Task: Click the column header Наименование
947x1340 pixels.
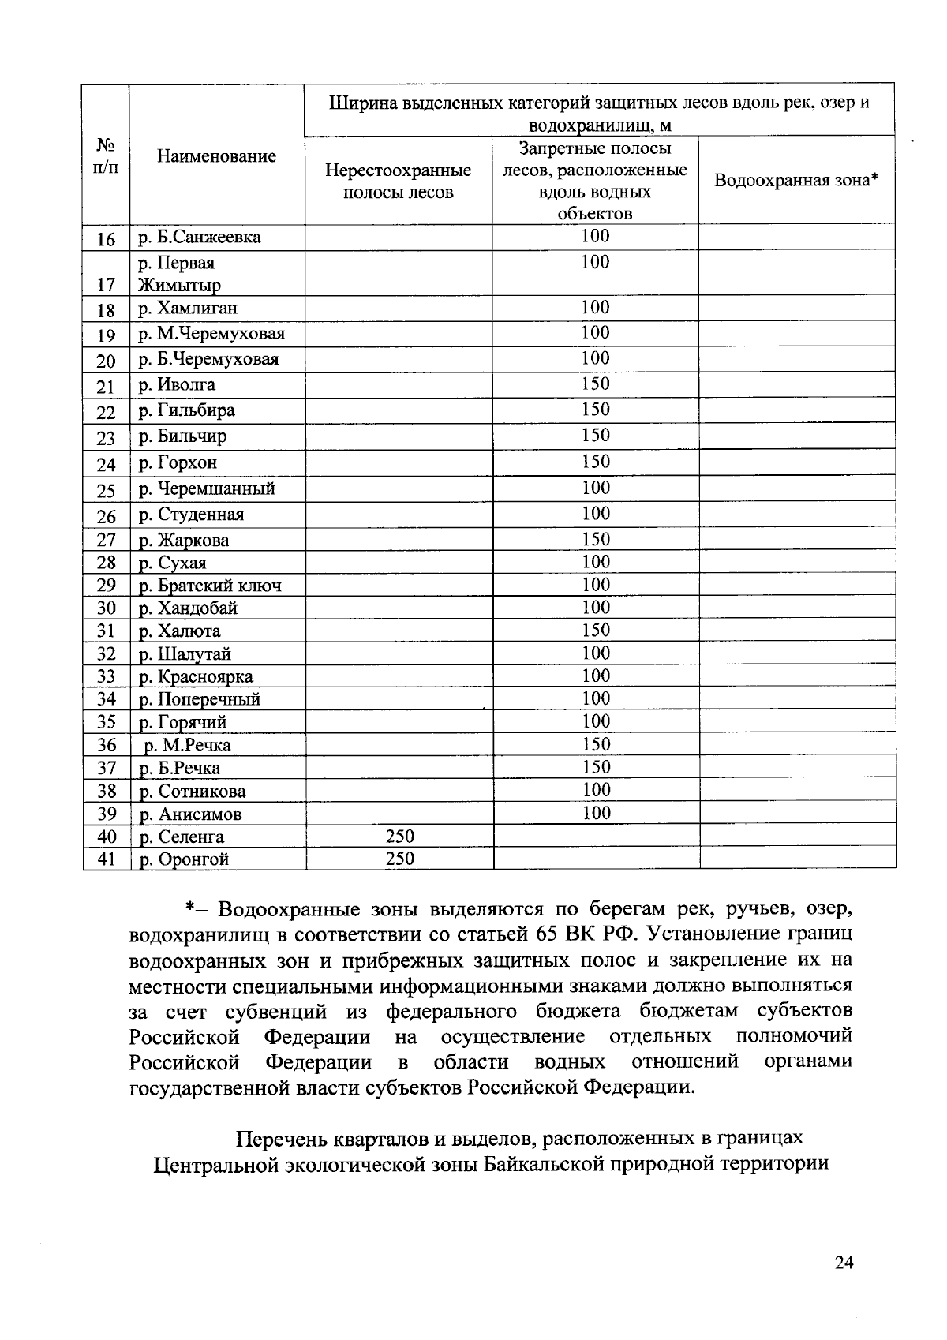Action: point(216,156)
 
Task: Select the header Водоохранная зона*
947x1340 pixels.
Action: point(796,181)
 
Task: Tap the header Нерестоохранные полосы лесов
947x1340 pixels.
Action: point(399,182)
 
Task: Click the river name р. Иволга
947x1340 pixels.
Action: point(177,385)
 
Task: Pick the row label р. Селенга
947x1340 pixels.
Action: point(182,837)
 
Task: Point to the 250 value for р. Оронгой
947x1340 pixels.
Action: point(399,859)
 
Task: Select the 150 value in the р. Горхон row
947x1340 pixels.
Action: point(596,462)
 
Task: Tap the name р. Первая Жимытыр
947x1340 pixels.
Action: point(179,274)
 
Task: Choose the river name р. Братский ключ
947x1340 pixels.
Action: point(210,586)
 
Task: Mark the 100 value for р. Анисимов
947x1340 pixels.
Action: point(596,814)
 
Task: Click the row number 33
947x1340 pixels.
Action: point(106,676)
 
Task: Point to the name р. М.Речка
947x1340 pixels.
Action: point(187,746)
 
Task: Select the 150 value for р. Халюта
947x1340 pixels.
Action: point(596,631)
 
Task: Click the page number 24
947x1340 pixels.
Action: point(844,1263)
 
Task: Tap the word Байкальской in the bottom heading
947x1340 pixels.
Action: point(550,1164)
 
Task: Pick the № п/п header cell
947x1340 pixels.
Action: point(106,156)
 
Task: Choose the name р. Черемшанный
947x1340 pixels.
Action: point(207,489)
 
